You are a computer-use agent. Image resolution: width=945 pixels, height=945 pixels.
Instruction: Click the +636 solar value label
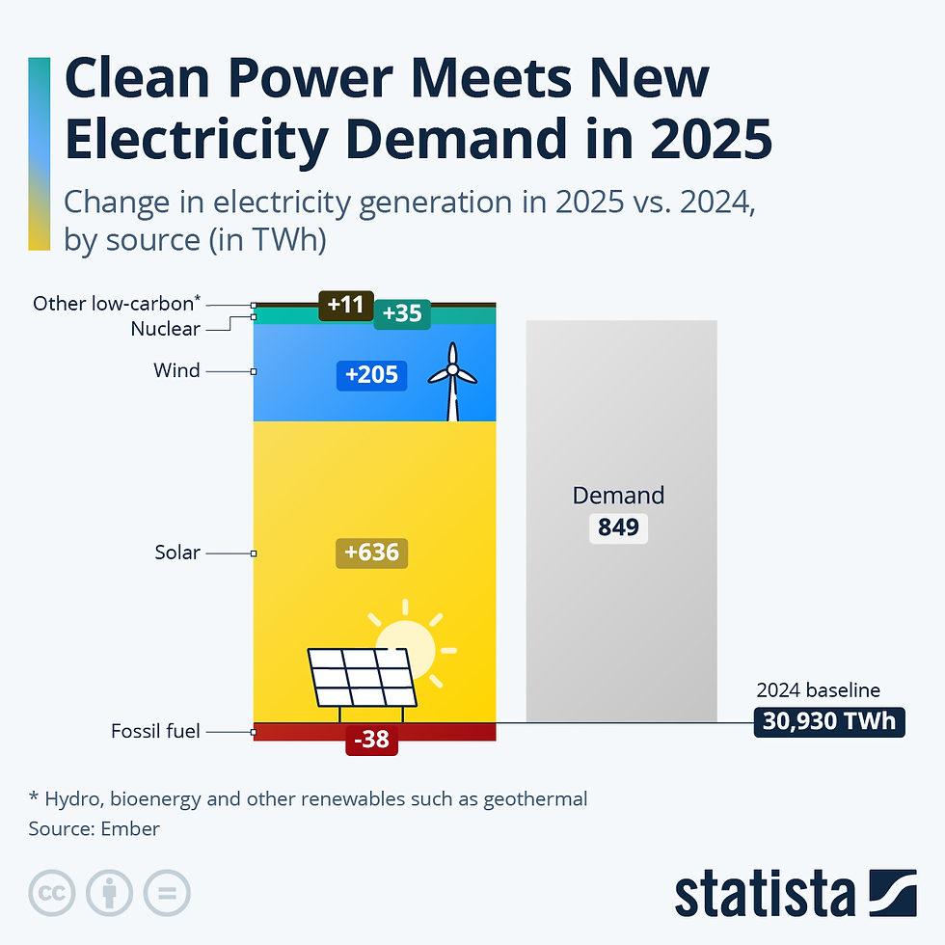click(x=372, y=553)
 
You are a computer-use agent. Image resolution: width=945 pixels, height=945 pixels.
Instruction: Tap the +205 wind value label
click(x=371, y=374)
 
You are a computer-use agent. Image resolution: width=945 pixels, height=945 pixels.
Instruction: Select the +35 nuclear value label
click(x=402, y=313)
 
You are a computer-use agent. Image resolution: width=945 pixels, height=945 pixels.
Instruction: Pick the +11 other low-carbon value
click(x=345, y=305)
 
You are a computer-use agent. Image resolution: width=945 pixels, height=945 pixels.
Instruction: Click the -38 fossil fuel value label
click(x=371, y=740)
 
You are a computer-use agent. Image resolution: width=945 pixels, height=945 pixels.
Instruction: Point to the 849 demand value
click(x=618, y=527)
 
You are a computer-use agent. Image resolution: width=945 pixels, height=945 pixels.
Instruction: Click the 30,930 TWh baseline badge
click(x=829, y=721)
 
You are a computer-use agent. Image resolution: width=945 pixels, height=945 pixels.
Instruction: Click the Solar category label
click(x=177, y=553)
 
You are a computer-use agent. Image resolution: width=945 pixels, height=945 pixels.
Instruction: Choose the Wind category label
click(x=176, y=370)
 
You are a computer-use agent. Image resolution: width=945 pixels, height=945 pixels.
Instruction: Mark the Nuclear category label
click(x=165, y=329)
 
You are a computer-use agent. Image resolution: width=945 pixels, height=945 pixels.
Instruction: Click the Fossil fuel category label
click(x=155, y=731)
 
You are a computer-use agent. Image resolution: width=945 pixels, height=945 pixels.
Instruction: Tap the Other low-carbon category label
click(x=117, y=303)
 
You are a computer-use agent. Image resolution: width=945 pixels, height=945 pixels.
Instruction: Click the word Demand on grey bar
click(x=618, y=496)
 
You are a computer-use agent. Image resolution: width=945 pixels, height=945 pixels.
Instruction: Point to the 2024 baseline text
click(x=818, y=690)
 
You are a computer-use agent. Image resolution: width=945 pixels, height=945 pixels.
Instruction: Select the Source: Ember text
click(x=94, y=828)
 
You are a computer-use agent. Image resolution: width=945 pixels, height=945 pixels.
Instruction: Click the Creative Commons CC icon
click(x=52, y=893)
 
